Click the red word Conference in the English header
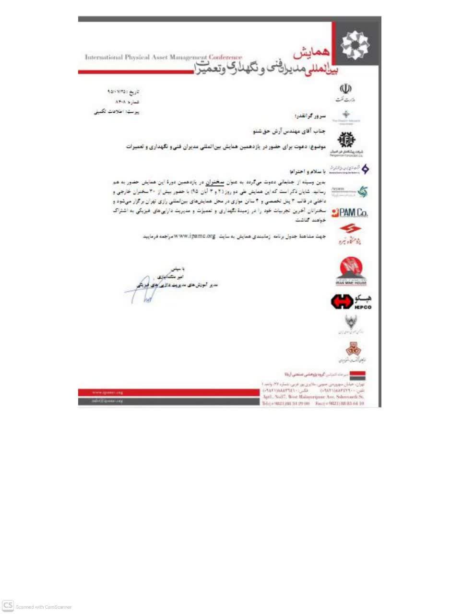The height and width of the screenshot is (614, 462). (225, 58)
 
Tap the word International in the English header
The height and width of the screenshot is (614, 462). (104, 58)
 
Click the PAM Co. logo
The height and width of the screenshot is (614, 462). (350, 213)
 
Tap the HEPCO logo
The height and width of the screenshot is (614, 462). (351, 302)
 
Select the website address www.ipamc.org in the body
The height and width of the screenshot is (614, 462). (195, 236)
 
